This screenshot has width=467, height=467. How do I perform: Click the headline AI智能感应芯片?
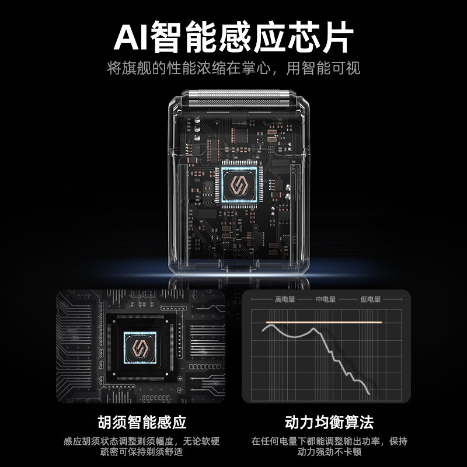233,37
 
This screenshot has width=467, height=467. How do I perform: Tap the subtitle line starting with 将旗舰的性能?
233,68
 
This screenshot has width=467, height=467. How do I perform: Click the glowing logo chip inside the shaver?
239,184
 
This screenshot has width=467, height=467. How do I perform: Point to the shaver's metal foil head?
236,98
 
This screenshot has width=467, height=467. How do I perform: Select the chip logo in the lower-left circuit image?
140,347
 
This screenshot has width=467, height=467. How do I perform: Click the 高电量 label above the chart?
285,299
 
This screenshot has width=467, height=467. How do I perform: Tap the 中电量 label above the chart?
326,299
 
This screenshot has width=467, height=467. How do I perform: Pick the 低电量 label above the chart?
371,299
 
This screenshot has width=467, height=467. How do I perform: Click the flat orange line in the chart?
324,322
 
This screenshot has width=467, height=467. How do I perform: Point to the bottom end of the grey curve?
370,393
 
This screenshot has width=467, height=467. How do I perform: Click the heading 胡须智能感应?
142,422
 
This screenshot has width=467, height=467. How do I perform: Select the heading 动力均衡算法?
329,422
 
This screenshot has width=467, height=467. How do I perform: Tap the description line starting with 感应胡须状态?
141,441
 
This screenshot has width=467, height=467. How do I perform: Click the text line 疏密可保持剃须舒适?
141,452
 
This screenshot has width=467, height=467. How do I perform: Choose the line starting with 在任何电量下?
329,441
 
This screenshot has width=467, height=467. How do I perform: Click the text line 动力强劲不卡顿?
329,452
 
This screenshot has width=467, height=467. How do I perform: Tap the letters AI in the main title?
131,37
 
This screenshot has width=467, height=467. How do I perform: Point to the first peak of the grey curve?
270,325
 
